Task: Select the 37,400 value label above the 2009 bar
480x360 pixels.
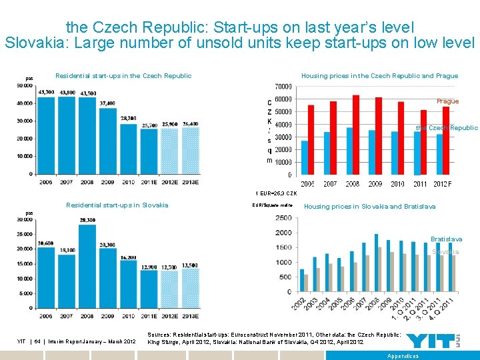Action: [x=107, y=103]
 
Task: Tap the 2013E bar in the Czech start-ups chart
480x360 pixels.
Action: [x=191, y=151]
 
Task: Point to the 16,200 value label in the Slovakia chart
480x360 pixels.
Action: [x=129, y=257]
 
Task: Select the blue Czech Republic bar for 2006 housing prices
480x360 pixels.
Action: [x=305, y=157]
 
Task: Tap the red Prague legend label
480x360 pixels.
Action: [x=447, y=101]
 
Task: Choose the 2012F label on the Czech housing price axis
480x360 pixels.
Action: [x=441, y=184]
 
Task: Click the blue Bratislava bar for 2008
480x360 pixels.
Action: [x=377, y=263]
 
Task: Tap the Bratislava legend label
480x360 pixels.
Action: [x=446, y=239]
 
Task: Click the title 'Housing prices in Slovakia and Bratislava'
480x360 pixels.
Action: [x=369, y=207]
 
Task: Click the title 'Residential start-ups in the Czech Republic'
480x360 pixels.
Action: [x=123, y=75]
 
